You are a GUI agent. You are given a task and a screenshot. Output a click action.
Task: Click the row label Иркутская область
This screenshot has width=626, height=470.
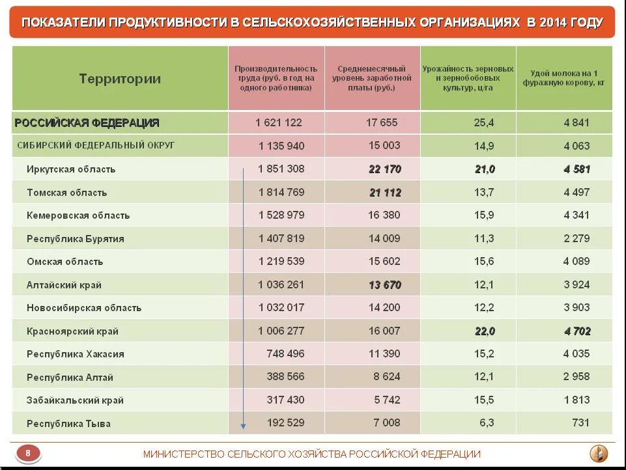click(x=71, y=169)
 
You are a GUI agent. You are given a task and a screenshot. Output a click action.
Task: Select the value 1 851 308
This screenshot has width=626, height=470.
click(x=281, y=169)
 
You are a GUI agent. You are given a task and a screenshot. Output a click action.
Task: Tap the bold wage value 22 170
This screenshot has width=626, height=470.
click(x=384, y=169)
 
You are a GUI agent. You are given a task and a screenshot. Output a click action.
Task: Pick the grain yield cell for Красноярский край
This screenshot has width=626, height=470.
click(x=485, y=331)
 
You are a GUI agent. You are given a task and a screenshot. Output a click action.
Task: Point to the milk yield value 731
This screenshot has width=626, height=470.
click(x=580, y=423)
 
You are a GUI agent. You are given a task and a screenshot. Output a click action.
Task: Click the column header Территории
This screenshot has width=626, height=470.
click(x=120, y=79)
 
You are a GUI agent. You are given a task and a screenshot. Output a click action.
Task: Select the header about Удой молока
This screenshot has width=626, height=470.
click(x=563, y=78)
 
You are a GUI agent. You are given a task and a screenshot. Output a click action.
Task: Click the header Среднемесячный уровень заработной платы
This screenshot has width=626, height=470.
click(x=372, y=78)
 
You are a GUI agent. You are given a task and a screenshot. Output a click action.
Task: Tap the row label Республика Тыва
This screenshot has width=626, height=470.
click(x=68, y=424)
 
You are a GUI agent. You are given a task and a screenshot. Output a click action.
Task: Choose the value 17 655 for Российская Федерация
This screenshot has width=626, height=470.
click(x=382, y=122)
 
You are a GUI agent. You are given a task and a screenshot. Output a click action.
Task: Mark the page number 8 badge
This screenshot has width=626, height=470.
click(x=27, y=453)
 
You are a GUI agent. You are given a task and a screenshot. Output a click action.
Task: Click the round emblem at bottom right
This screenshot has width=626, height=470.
click(x=599, y=453)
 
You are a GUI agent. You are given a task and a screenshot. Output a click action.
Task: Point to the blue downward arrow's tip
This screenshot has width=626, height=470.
click(x=243, y=427)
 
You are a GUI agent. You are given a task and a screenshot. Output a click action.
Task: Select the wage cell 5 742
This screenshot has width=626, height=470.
click(x=387, y=400)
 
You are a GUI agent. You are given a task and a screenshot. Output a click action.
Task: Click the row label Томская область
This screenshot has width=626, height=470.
click(x=66, y=193)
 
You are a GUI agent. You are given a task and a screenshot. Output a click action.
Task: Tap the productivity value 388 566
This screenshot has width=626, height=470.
click(x=285, y=377)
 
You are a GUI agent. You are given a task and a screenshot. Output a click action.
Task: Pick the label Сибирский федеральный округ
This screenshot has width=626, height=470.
click(x=96, y=145)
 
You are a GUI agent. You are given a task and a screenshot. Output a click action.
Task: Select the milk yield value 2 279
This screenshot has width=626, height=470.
click(x=576, y=239)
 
